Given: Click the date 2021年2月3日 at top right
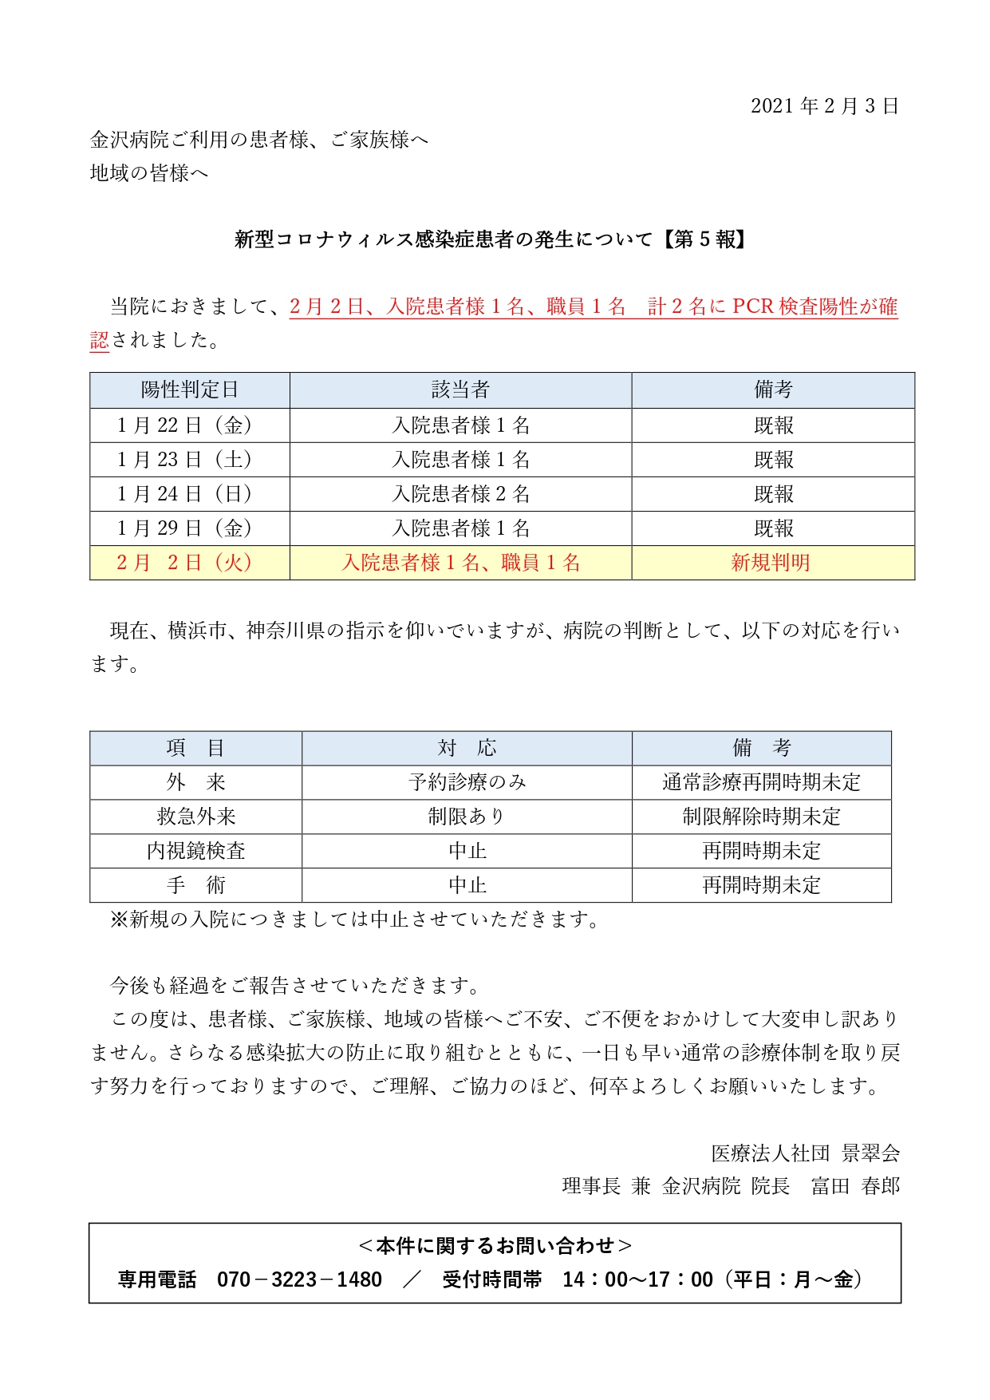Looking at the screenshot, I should click(x=825, y=106).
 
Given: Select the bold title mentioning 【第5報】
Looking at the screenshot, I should click(x=491, y=239).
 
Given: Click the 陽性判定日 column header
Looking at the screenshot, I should click(x=189, y=390).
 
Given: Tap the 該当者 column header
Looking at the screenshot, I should click(x=460, y=390).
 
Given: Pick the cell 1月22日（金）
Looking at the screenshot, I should click(x=184, y=425).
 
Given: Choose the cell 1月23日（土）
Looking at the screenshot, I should click(x=184, y=460).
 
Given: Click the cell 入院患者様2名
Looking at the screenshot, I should click(x=460, y=494).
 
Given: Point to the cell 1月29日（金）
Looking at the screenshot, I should click(x=184, y=528).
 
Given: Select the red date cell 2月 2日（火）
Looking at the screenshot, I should click(x=184, y=563).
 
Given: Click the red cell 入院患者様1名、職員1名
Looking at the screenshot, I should click(x=460, y=563).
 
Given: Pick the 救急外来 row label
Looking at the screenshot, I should click(x=196, y=817).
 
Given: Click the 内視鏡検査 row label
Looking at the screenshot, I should click(x=196, y=851).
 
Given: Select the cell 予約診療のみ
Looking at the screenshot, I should click(x=467, y=782).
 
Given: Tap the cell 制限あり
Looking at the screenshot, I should click(x=467, y=817).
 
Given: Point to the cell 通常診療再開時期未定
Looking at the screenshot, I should click(x=761, y=782).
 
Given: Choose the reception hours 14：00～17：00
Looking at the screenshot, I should click(x=637, y=1279).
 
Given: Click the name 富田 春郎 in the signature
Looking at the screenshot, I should click(x=855, y=1186).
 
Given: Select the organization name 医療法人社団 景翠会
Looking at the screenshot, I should click(x=806, y=1153).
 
